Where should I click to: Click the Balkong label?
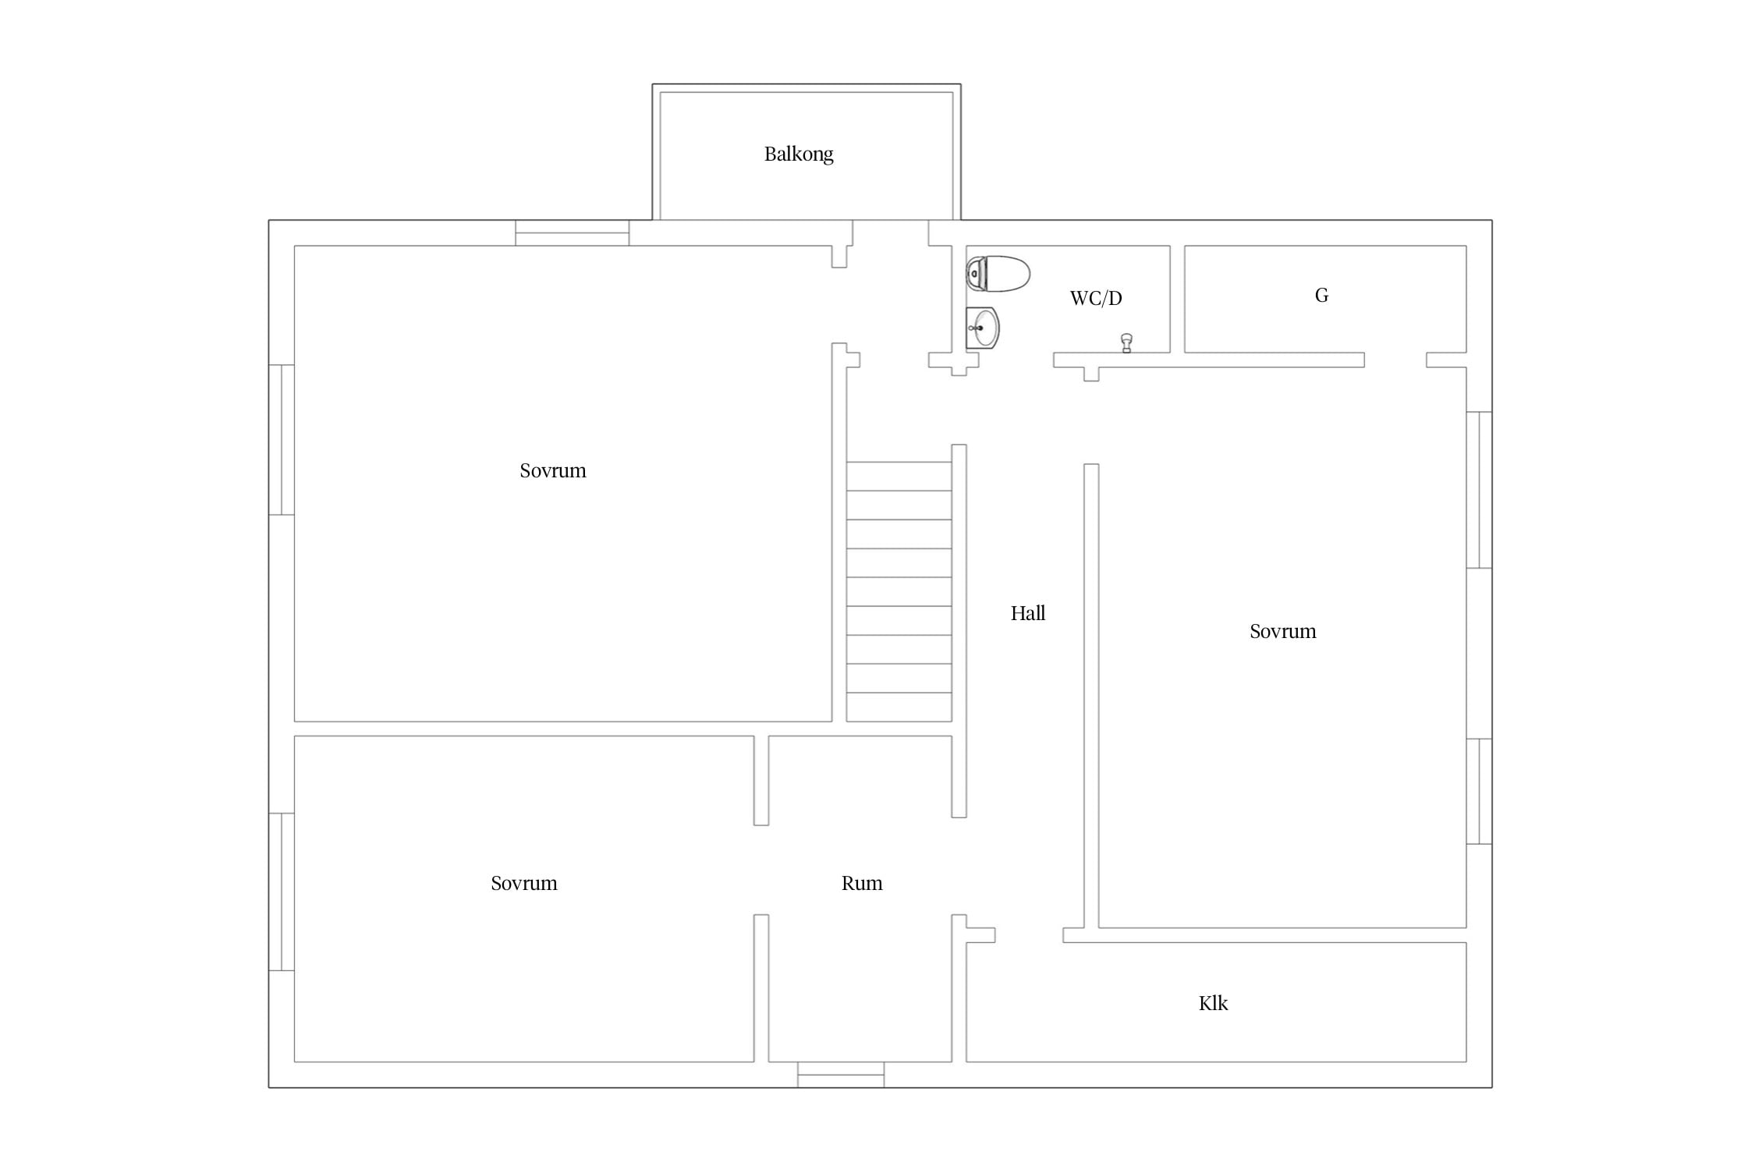pyautogui.click(x=799, y=154)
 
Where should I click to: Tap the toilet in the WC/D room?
pyautogui.click(x=998, y=274)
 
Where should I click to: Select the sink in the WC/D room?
pyautogui.click(x=983, y=328)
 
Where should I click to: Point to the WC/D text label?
pyautogui.click(x=1096, y=298)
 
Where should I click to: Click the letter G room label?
pyautogui.click(x=1321, y=295)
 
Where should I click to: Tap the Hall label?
pyautogui.click(x=1028, y=613)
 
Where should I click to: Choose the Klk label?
pyautogui.click(x=1213, y=1003)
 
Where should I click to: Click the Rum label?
pyautogui.click(x=862, y=883)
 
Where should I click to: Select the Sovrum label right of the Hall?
pyautogui.click(x=1283, y=631)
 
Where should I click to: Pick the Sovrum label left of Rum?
pyautogui.click(x=524, y=883)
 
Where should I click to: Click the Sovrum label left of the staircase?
pyautogui.click(x=553, y=470)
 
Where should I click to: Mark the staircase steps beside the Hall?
pyautogui.click(x=899, y=591)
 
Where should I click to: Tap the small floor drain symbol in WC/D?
pyautogui.click(x=1126, y=343)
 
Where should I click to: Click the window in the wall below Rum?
pyautogui.click(x=841, y=1075)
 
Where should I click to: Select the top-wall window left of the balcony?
pyautogui.click(x=573, y=232)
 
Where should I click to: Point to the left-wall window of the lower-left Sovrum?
pyautogui.click(x=282, y=892)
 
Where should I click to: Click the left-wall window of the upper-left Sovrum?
pyautogui.click(x=282, y=440)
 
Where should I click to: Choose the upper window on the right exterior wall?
pyautogui.click(x=1480, y=490)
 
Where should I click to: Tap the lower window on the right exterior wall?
pyautogui.click(x=1480, y=791)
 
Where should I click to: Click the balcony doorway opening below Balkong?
pyautogui.click(x=890, y=232)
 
